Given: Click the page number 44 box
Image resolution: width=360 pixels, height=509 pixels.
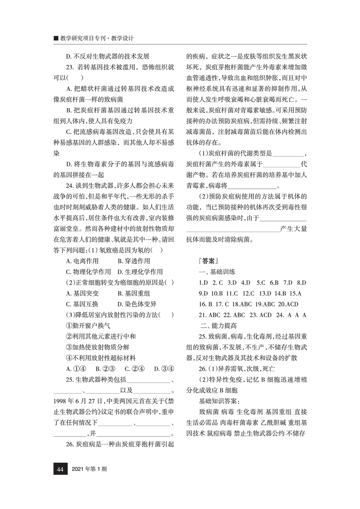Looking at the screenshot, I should (59, 469).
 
